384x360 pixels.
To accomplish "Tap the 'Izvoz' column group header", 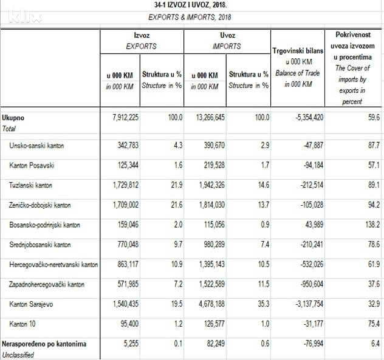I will tap(142, 36).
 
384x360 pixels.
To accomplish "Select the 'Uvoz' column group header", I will tap(227, 36).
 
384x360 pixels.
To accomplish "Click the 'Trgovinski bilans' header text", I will tap(297, 52).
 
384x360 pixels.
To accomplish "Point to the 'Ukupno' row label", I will tap(13, 117).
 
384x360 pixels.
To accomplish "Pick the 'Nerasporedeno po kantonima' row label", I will tap(44, 344).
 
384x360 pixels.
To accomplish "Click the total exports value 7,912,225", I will tap(125, 117).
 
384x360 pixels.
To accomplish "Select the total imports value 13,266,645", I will tap(208, 117).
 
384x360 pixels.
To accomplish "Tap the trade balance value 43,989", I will tap(310, 224).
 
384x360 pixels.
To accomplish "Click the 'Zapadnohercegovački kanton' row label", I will tap(47, 284).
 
